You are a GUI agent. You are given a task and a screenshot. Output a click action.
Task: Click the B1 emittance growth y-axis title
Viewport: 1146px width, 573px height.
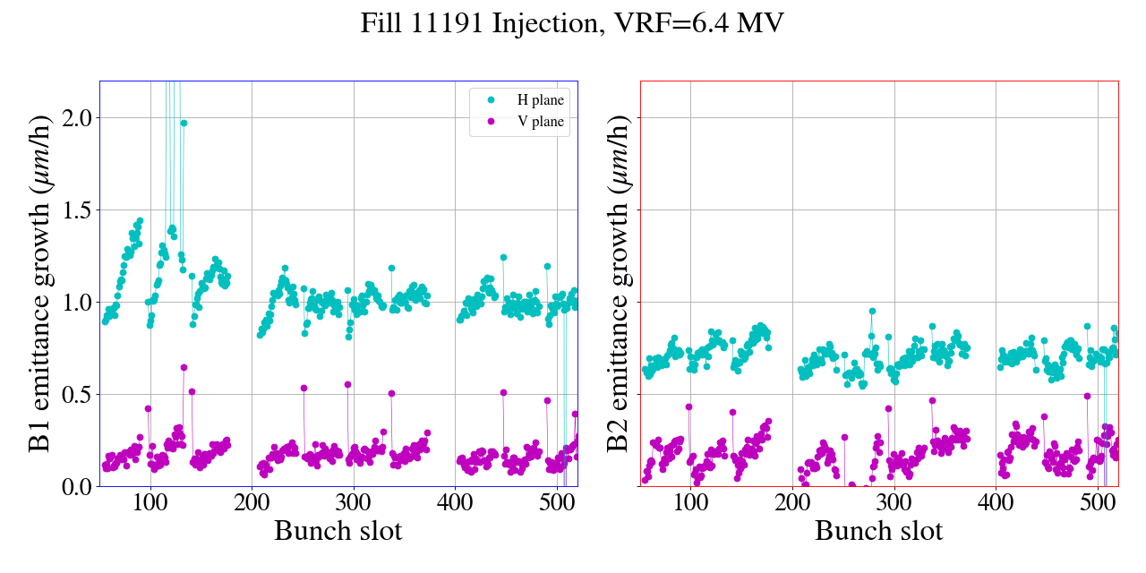(38, 284)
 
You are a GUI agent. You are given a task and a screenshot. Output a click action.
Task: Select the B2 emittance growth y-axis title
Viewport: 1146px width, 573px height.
(619, 284)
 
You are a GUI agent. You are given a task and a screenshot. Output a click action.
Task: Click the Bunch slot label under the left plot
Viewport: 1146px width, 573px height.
(338, 531)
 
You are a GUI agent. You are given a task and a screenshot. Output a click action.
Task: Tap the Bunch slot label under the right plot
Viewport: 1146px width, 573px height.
(878, 531)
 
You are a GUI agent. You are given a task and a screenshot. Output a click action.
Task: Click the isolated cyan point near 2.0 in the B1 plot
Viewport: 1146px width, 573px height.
(184, 124)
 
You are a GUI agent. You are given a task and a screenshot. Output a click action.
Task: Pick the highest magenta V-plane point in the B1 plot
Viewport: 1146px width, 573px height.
(184, 367)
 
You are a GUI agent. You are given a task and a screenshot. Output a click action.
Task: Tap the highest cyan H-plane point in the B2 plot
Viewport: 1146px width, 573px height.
(872, 312)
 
